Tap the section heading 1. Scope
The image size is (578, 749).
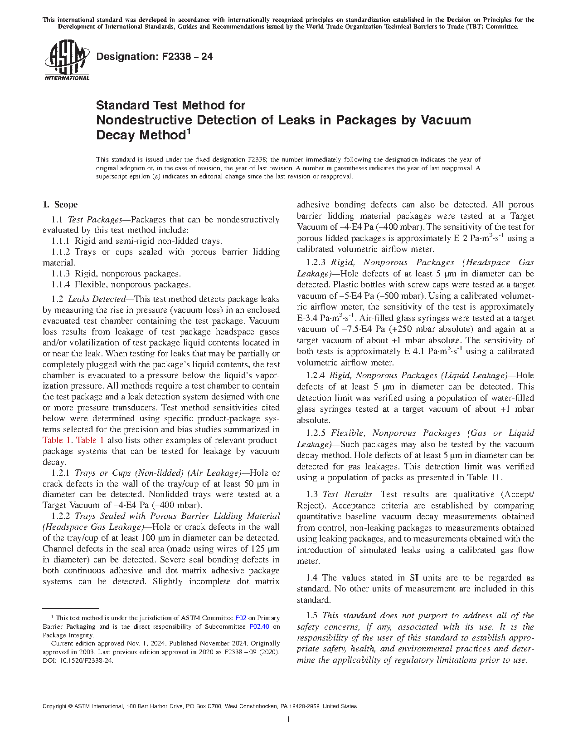(60, 205)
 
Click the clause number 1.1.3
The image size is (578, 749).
(60, 274)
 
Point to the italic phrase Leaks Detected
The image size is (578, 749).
(97, 299)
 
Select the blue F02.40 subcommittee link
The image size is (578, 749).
(259, 627)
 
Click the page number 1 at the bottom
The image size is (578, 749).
(288, 719)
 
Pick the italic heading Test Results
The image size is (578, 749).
(347, 494)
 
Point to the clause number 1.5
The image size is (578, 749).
(311, 616)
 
